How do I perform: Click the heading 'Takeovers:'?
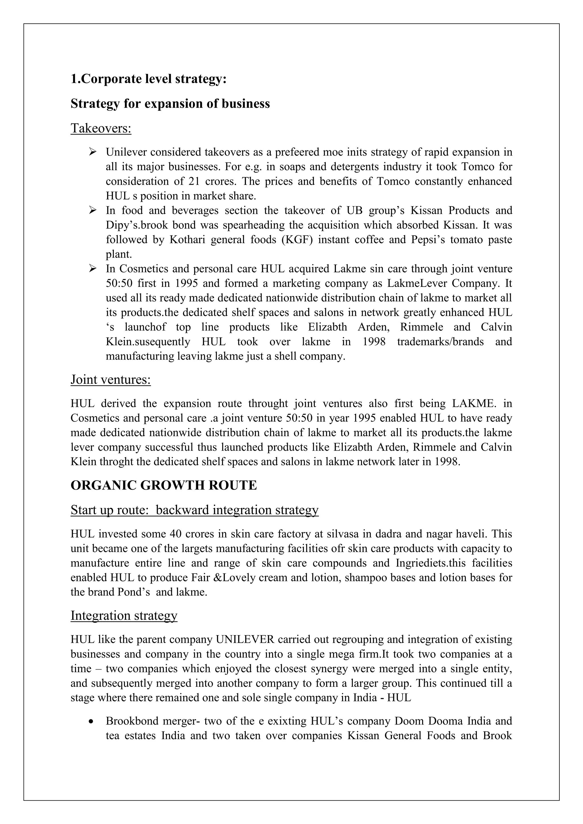click(101, 128)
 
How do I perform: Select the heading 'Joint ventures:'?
click(110, 379)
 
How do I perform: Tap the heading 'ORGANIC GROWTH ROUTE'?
click(164, 485)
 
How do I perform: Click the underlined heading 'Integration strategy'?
click(124, 615)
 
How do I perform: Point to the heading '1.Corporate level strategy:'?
click(149, 79)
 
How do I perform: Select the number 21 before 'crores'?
click(194, 181)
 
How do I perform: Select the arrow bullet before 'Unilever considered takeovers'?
click(93, 152)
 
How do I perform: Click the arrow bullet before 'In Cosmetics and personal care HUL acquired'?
click(93, 268)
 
